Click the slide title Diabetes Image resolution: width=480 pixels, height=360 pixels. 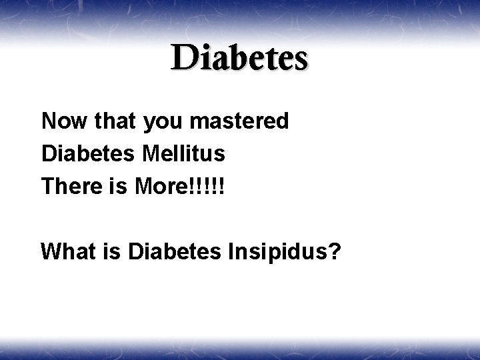239,59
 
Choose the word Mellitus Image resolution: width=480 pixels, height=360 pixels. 183,154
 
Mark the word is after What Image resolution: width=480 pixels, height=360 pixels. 109,252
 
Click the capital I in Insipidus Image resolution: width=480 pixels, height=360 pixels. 235,252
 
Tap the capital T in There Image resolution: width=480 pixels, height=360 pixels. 48,187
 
